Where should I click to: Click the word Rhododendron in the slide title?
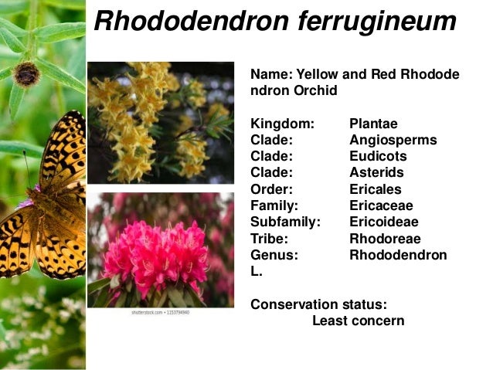coord(189,22)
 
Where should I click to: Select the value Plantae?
coord(373,124)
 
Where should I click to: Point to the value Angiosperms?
coord(393,140)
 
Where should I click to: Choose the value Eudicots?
coord(378,156)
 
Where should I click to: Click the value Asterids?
coord(376,172)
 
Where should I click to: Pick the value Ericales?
coord(375,189)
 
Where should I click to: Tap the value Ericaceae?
coord(381,205)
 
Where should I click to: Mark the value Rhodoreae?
coord(384,239)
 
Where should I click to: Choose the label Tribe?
coord(270,239)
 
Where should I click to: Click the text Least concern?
coord(358,320)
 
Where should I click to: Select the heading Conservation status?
coord(318,304)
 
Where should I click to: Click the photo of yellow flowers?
coord(160,123)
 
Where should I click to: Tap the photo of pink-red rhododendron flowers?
coord(160,249)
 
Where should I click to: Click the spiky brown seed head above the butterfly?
coord(26,74)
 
